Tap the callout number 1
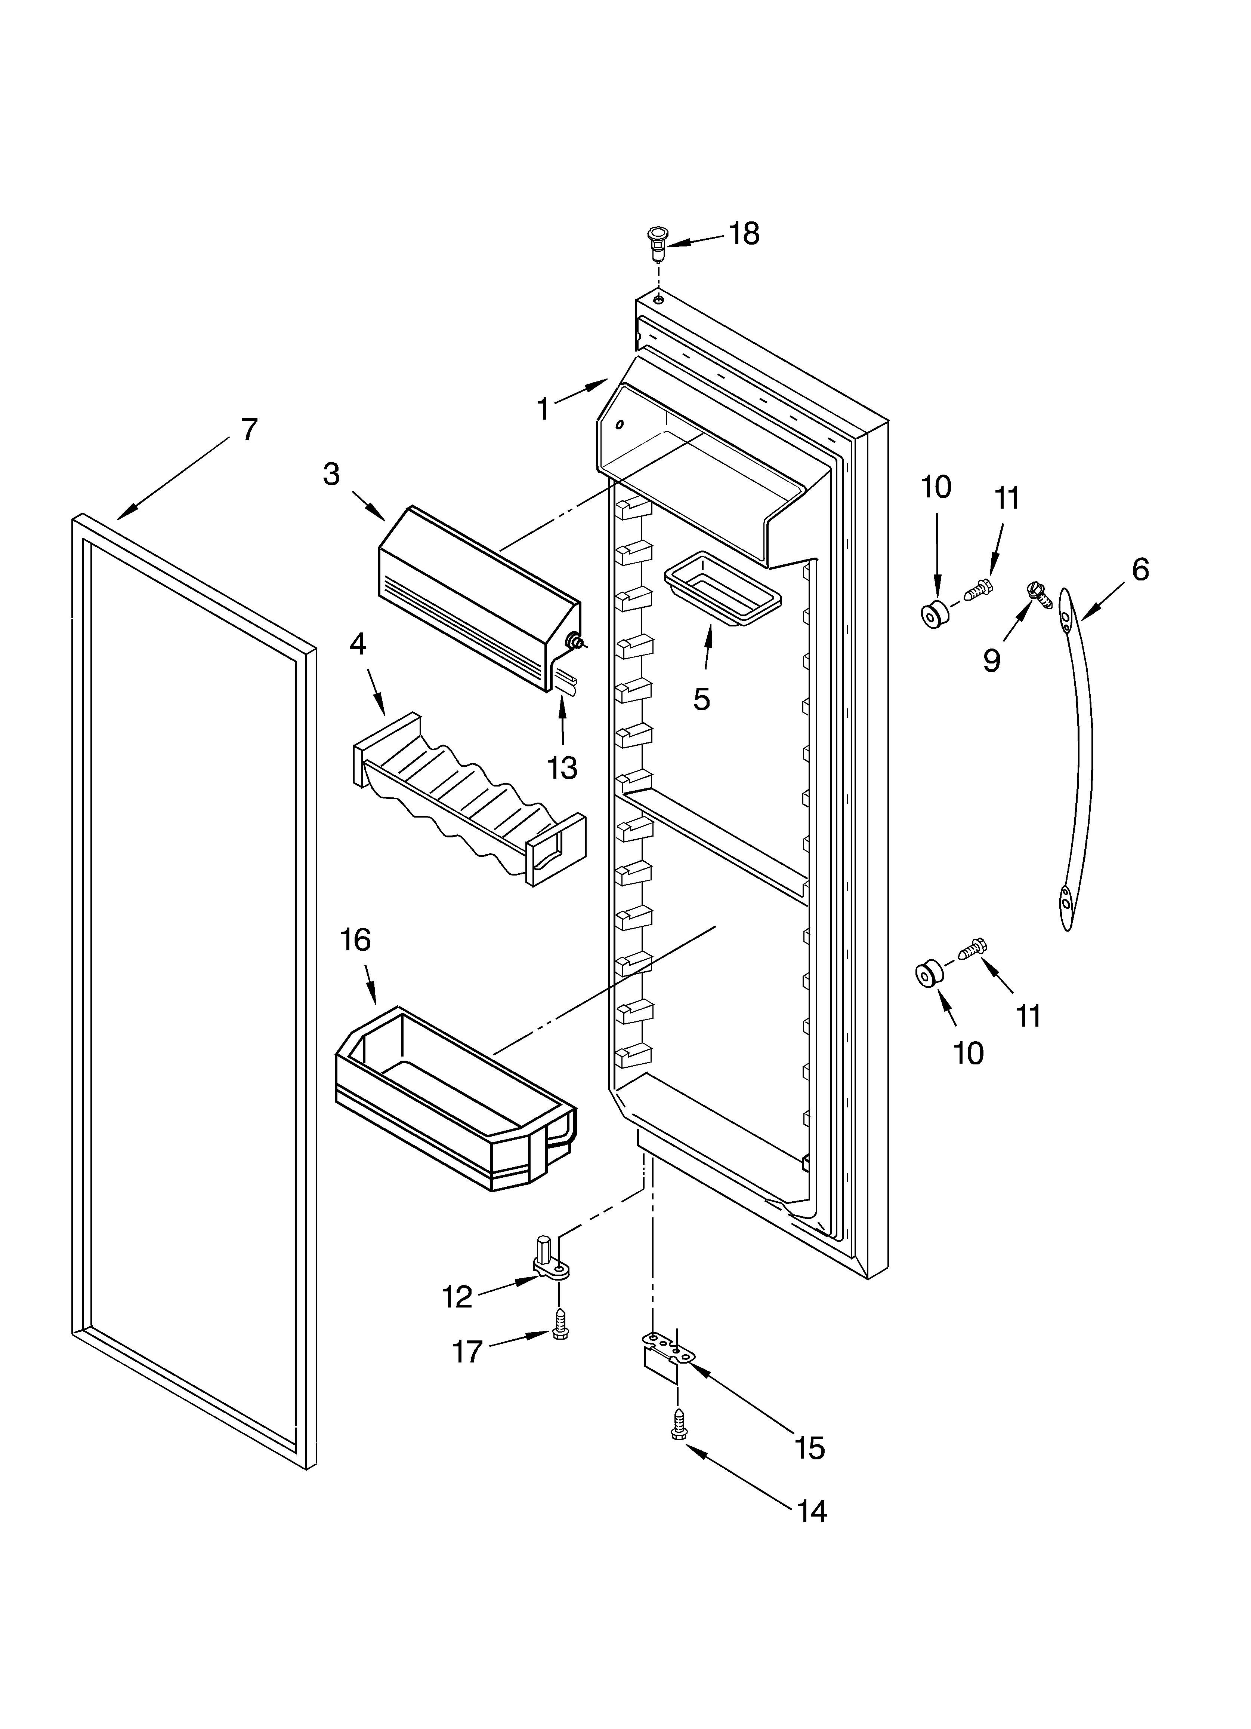[543, 410]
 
